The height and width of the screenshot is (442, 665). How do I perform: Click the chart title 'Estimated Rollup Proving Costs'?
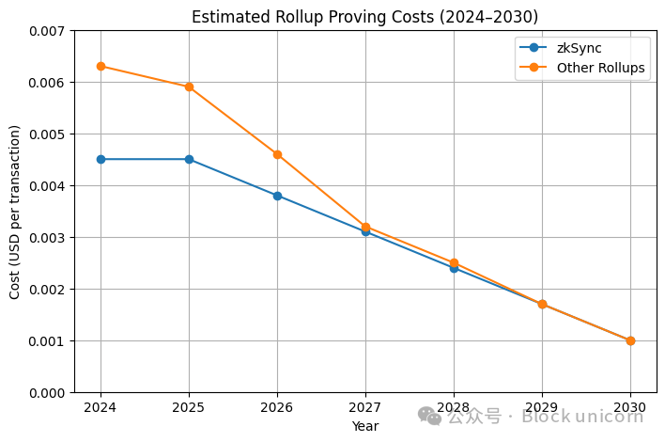pos(366,16)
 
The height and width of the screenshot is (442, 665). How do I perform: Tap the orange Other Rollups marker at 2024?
pos(101,66)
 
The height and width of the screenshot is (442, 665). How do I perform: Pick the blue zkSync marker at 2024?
pos(101,159)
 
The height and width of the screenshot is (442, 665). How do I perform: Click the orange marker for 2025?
pos(189,87)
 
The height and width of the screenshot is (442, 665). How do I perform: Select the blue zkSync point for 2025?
pos(189,159)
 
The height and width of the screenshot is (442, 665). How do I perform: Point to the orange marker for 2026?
pos(277,154)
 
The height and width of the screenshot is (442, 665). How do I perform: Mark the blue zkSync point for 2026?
pos(277,196)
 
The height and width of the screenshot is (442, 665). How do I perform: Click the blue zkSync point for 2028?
pos(454,268)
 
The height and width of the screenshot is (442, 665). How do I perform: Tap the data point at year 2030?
pos(630,340)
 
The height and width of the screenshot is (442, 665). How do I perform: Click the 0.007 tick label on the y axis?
pos(46,32)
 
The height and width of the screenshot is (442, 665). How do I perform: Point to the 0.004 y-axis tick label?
pos(46,186)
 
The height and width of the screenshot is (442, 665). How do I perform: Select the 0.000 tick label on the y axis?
pos(46,393)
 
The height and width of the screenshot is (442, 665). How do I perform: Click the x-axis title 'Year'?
pos(365,427)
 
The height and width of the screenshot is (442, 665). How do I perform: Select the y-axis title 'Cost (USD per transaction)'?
pos(15,212)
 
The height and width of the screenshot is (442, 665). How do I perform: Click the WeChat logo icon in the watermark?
pos(429,416)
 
